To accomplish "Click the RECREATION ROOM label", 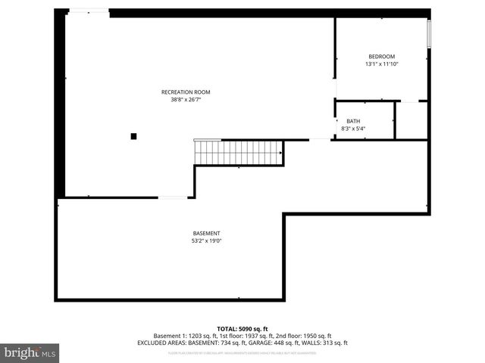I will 186,92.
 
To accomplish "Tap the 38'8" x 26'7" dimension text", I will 186,99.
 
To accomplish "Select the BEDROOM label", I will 381,57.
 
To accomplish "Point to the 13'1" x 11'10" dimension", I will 381,64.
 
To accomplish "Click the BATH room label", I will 353,121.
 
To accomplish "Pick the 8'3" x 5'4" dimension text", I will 353,129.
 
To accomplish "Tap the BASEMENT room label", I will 206,233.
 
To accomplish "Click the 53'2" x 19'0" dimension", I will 206,240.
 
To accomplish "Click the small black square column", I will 133,136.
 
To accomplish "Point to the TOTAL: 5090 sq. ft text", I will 242,328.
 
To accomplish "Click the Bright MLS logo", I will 30,352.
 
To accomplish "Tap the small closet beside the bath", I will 411,120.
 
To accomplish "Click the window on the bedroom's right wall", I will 429,34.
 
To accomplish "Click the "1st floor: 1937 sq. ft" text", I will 242,335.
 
